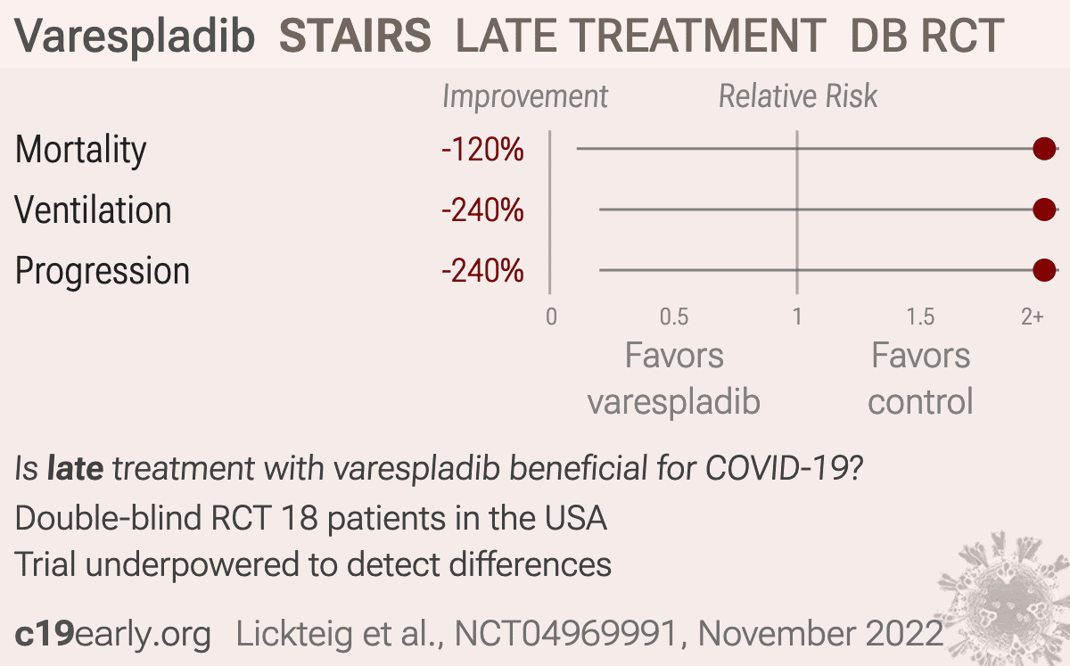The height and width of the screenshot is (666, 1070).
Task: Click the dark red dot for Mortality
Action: pos(1044,149)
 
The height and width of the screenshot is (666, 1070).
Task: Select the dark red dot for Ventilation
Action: pos(1044,210)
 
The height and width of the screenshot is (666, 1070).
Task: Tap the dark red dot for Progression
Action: pos(1044,270)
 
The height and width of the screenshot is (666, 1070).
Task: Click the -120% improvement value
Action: pos(482,150)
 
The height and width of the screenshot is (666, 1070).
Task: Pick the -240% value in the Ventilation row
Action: pos(482,210)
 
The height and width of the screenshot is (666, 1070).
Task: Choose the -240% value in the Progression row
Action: pos(482,271)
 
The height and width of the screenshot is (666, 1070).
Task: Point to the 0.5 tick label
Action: pos(674,317)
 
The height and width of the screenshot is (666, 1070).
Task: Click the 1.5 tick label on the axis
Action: pos(920,317)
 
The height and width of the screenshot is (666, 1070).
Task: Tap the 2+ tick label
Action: pos(1033,317)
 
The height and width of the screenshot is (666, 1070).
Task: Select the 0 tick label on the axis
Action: pos(551,317)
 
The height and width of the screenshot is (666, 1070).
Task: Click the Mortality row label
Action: pos(81,151)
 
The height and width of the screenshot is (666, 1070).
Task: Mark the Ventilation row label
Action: pos(93,210)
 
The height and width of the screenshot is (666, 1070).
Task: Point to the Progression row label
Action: pos(103,272)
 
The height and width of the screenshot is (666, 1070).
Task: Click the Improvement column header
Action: pos(525,97)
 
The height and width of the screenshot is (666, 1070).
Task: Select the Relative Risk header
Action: pos(798,96)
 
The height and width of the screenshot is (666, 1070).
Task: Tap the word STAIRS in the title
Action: pos(355,36)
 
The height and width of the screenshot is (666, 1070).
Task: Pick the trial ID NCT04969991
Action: pos(566,634)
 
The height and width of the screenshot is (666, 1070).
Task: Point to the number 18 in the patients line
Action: pos(300,518)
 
